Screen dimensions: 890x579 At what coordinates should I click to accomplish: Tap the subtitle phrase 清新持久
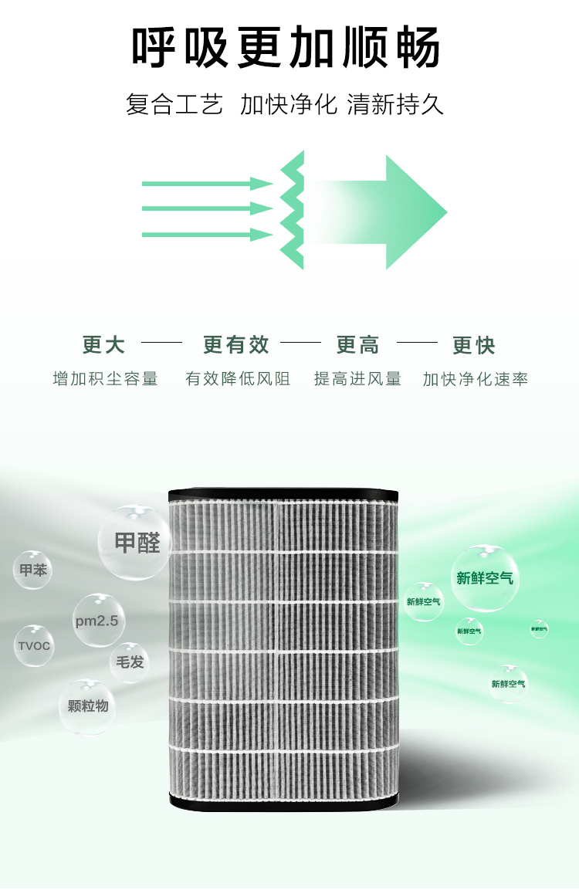(395, 104)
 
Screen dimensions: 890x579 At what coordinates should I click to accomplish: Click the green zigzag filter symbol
(293, 210)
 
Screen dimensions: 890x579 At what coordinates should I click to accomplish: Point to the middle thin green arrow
(207, 208)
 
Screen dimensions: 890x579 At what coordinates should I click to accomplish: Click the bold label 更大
(103, 345)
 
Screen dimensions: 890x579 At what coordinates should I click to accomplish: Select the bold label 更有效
(236, 345)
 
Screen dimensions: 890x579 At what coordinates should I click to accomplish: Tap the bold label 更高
(358, 345)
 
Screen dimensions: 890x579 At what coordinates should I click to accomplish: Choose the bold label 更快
(474, 345)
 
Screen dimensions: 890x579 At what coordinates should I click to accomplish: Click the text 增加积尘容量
(105, 379)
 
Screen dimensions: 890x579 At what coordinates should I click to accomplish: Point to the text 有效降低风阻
(238, 379)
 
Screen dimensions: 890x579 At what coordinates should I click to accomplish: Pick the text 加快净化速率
(476, 379)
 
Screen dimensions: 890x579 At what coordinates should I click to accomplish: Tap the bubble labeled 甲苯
(33, 570)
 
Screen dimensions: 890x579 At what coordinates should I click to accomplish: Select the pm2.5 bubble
(99, 621)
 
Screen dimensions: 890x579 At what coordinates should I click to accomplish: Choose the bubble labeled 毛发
(130, 662)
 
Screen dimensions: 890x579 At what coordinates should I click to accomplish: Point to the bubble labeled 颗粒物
(87, 706)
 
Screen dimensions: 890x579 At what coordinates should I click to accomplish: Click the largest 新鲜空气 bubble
(485, 578)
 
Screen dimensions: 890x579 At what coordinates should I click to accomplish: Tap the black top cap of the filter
(284, 491)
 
